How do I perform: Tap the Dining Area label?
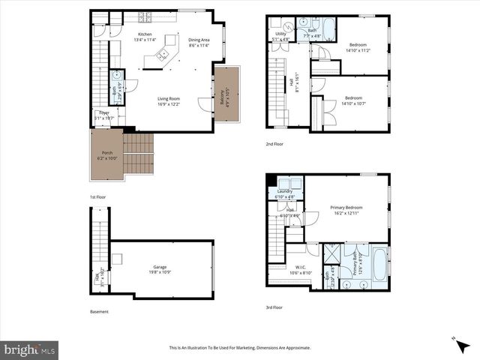coord(199,40)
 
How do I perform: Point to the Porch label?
coord(107,154)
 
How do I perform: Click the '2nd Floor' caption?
coord(275,143)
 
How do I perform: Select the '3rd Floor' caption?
coord(275,306)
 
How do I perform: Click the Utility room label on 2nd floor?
coord(280,34)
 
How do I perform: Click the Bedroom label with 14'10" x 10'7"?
coord(354,98)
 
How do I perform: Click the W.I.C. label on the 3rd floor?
coord(300,267)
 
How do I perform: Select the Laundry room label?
coord(284,191)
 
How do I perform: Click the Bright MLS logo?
coord(30,349)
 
